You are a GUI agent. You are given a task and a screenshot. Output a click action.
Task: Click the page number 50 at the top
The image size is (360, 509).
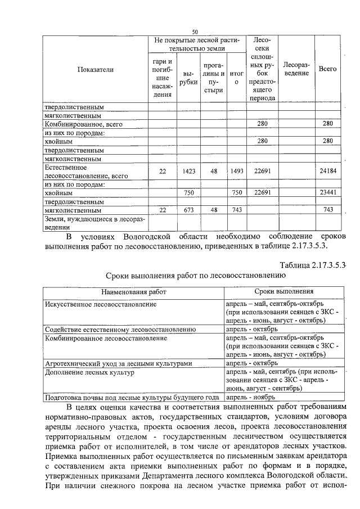coord(195,31)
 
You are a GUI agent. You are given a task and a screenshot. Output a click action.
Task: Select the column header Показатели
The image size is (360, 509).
coord(96,70)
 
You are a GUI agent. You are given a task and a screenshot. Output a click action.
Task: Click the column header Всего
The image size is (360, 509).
coord(327,69)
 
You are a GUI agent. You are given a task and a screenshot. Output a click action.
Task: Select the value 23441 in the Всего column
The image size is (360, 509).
coord(328,192)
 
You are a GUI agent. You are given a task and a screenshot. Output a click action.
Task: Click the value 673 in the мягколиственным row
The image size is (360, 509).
coord(190,210)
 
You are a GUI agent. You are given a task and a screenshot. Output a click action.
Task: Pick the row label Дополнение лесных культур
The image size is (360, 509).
coord(84,372)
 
